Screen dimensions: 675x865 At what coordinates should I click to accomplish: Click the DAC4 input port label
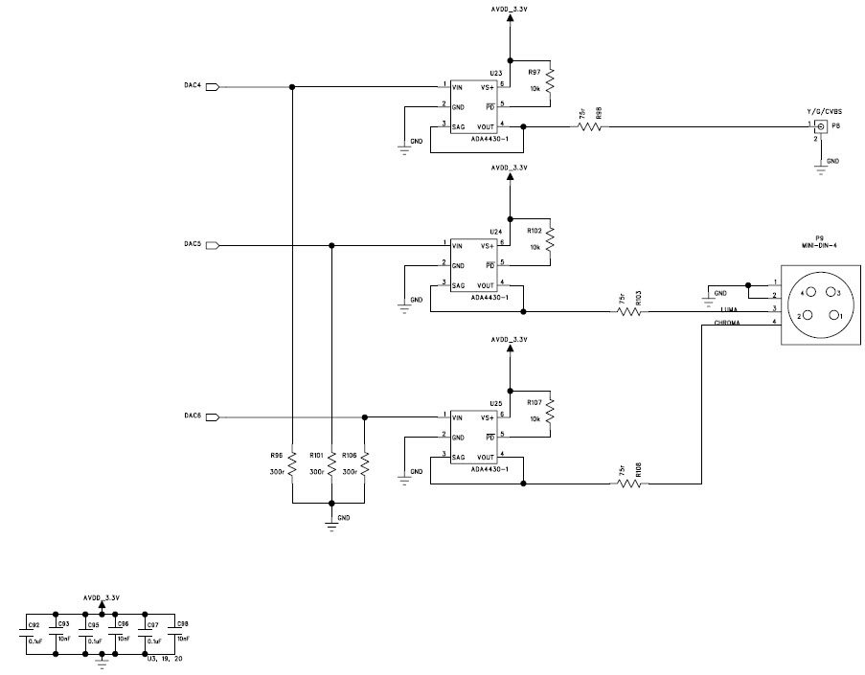click(192, 86)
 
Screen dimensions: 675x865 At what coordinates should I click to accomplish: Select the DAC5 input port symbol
click(213, 245)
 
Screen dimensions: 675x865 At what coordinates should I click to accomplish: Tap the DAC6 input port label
click(192, 416)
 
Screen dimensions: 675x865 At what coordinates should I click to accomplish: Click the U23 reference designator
click(495, 74)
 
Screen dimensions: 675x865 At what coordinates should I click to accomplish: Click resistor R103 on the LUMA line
click(627, 311)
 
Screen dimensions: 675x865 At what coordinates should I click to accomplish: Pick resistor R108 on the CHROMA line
click(628, 484)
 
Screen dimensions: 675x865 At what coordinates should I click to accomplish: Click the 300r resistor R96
click(292, 465)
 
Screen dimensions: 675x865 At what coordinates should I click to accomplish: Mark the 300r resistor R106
click(365, 465)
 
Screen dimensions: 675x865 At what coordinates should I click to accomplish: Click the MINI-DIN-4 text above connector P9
click(819, 245)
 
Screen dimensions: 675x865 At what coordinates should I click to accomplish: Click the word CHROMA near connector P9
click(732, 323)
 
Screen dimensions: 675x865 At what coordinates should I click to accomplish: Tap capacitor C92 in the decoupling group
click(28, 632)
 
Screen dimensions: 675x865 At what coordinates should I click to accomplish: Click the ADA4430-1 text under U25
click(489, 469)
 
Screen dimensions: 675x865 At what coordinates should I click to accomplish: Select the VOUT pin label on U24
click(487, 285)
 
